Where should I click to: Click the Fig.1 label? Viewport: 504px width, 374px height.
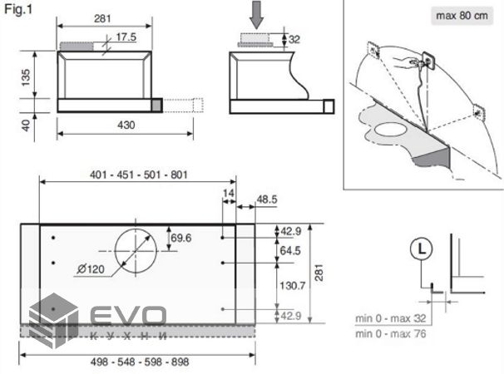tap(18, 9)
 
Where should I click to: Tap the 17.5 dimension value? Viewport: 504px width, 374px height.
tap(126, 37)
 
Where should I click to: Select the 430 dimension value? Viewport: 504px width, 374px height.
tap(126, 125)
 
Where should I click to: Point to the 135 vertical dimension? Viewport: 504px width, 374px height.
tap(26, 77)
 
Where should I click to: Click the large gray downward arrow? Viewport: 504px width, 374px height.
tap(256, 14)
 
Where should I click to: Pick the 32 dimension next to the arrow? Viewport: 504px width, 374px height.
tap(294, 39)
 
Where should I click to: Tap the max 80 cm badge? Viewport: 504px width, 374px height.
tap(462, 16)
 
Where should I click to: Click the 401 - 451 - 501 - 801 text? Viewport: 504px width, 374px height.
tap(139, 175)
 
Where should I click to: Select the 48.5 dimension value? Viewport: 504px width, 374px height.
tap(266, 199)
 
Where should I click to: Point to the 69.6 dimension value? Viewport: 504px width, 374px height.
tap(181, 238)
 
